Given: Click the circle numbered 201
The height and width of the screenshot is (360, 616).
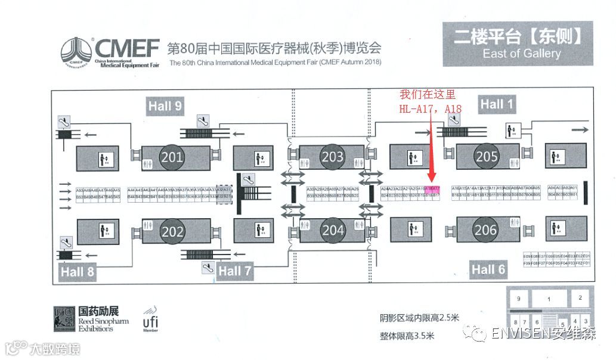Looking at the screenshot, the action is [172, 157].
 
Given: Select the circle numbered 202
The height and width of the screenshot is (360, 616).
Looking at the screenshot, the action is [172, 231].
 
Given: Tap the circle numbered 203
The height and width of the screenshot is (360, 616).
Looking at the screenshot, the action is [332, 157].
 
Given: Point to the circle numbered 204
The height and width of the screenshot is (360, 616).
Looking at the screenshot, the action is [333, 230].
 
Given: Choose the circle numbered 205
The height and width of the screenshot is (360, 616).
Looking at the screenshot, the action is [487, 157].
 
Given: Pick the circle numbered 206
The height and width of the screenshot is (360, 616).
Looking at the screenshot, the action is [486, 230].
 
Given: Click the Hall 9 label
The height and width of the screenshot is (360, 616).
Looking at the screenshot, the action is [165, 106].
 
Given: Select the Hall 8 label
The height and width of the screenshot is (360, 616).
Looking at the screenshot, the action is [78, 272].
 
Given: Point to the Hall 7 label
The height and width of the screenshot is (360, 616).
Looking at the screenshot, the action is [234, 271].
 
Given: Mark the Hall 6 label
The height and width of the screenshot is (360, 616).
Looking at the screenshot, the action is [488, 269].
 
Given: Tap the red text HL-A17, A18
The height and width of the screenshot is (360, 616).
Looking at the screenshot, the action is [430, 108].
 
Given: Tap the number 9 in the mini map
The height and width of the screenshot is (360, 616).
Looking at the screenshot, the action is [518, 298].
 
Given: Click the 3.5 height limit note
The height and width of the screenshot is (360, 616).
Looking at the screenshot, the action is [407, 336].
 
